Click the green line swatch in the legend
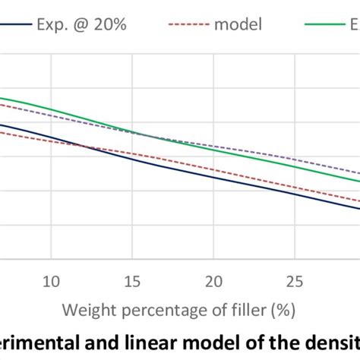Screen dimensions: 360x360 [x=324, y=24]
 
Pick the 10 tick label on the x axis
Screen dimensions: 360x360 [x=51, y=280]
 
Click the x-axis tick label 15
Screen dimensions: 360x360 [x=132, y=280]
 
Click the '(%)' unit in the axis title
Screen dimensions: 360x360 [x=280, y=311]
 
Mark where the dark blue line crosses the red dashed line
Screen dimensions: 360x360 [x=93, y=146]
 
